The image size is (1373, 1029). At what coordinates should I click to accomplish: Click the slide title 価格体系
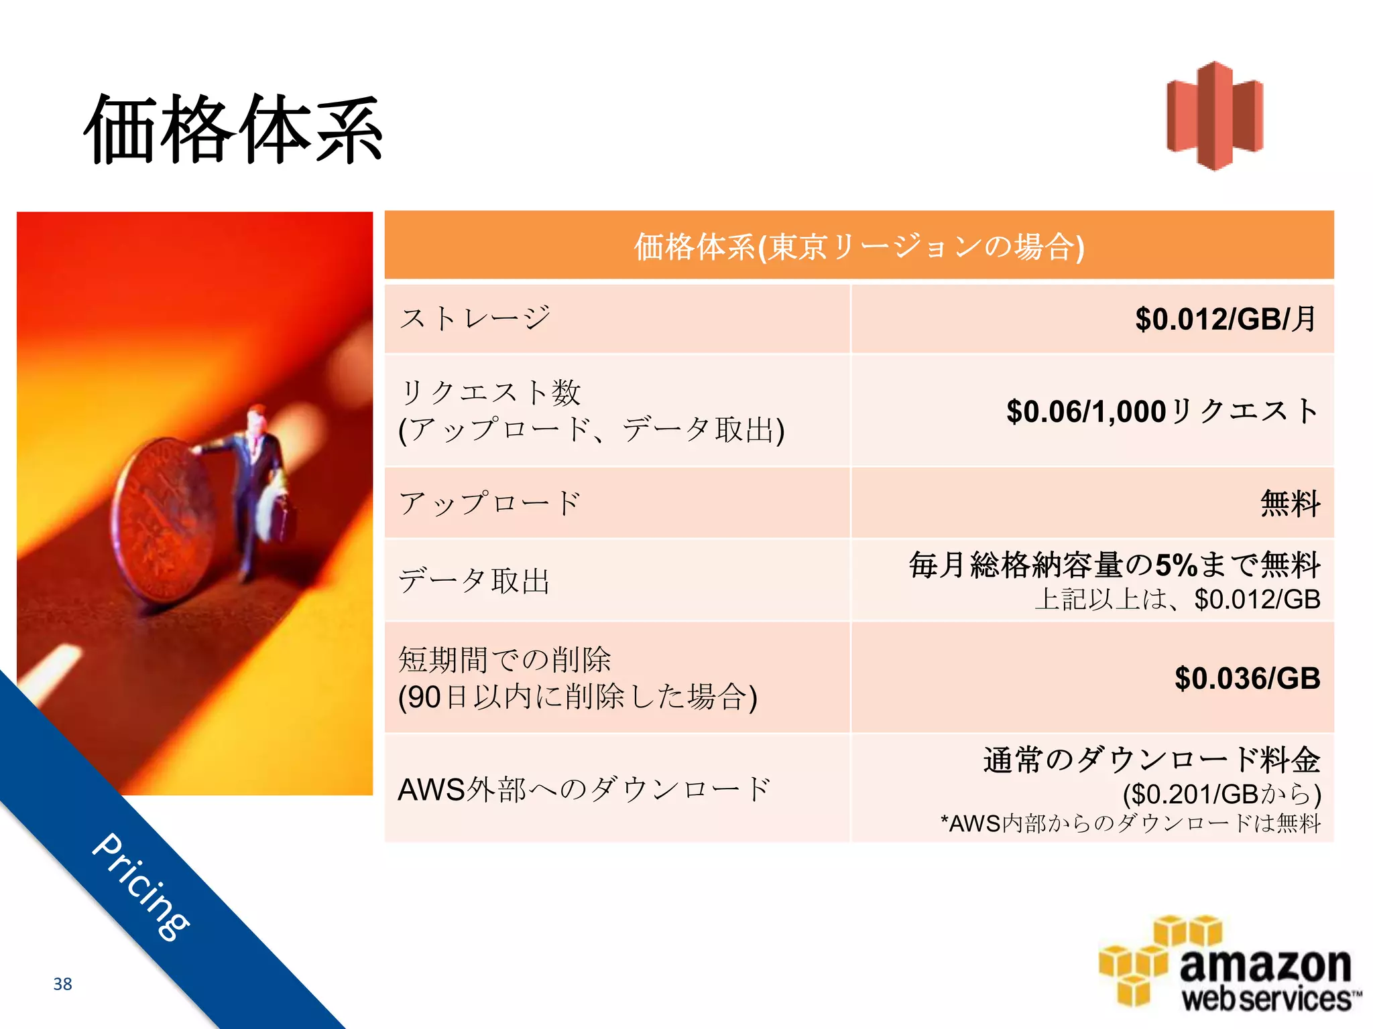(x=233, y=129)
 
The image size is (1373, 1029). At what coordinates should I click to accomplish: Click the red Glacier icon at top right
(x=1215, y=115)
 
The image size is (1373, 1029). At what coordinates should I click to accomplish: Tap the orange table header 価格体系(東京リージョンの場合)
(x=859, y=246)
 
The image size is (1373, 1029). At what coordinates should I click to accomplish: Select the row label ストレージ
(x=475, y=318)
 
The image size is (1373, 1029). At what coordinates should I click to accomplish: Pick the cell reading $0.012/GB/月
(x=1226, y=319)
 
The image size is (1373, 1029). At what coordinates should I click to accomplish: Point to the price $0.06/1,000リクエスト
(x=1162, y=411)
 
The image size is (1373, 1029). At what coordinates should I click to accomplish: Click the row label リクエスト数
(x=490, y=392)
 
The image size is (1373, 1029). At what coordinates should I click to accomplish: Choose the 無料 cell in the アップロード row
(x=1290, y=503)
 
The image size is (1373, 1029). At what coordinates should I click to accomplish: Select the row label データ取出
(x=474, y=580)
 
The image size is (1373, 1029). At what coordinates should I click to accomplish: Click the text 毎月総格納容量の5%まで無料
(x=1114, y=565)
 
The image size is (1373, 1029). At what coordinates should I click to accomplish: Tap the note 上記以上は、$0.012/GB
(x=1177, y=599)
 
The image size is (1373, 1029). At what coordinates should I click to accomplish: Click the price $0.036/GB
(x=1247, y=678)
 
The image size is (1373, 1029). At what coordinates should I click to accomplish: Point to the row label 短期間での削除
(x=504, y=659)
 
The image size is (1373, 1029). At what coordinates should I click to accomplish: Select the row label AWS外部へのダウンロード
(x=584, y=789)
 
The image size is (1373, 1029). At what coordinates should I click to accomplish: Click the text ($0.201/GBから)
(x=1221, y=794)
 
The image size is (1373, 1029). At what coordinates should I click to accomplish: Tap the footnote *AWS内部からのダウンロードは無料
(x=1130, y=823)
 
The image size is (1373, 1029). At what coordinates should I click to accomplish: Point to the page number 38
(x=62, y=983)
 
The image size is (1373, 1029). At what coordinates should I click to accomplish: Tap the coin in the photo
(x=161, y=519)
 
